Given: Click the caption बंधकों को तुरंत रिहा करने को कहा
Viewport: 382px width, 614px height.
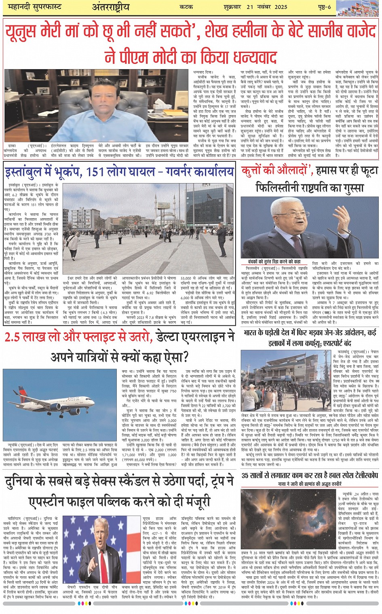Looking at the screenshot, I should pyautogui.click(x=274, y=262).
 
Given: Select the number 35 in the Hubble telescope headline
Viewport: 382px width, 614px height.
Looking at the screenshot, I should pyautogui.click(x=247, y=475).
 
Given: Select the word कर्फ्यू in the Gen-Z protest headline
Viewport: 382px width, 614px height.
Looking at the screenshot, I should pyautogui.click(x=323, y=344).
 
